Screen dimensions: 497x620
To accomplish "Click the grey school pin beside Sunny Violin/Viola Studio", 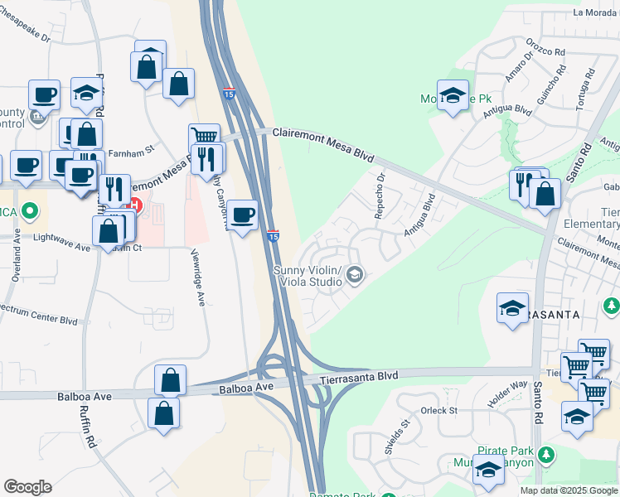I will pyautogui.click(x=356, y=274).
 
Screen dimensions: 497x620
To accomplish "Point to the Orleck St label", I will pyautogui.click(x=439, y=410).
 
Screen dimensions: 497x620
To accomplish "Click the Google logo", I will pyautogui.click(x=27, y=487).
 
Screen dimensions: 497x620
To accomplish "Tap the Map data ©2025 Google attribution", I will pyautogui.click(x=568, y=490).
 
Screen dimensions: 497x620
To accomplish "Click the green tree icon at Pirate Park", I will pyautogui.click(x=545, y=455).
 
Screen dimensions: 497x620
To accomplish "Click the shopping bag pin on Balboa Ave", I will pyautogui.click(x=170, y=381).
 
